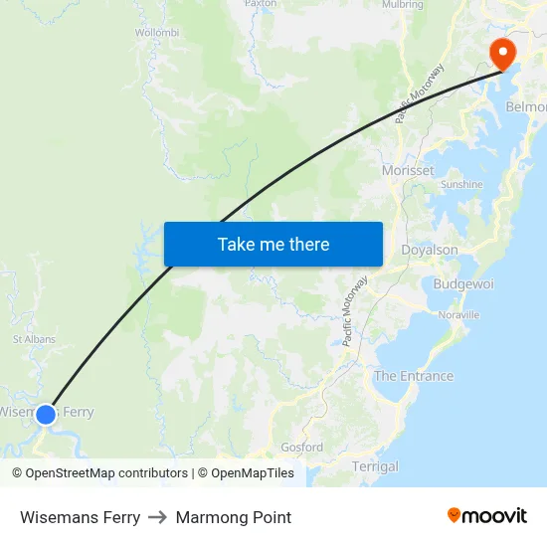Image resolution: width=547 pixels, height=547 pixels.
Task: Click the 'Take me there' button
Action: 273,244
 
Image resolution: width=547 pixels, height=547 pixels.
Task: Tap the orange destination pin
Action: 503,53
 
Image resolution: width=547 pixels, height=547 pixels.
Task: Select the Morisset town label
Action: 408,170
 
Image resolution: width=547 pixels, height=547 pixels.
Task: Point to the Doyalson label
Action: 430,250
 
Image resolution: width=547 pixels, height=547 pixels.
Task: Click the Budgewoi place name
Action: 463,283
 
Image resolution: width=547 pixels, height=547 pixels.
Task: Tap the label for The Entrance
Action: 414,376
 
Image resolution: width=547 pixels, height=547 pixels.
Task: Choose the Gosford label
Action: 302,448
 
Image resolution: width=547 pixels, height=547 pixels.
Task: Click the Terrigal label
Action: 375,466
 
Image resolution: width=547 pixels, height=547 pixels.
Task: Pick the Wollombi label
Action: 156,32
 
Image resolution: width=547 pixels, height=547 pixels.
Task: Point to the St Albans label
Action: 34,339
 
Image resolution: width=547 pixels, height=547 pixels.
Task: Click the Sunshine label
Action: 461,184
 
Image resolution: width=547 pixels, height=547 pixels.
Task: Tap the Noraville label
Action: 458,314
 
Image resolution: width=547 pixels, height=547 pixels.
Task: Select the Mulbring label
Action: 402,4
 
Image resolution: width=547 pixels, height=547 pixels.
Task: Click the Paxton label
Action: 261,4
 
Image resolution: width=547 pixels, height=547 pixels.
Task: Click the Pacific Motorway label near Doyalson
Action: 355,310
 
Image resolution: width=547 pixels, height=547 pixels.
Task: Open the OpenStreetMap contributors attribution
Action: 106,473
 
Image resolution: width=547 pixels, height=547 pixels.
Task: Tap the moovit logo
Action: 487,515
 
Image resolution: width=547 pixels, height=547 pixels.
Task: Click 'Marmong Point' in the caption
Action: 234,517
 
